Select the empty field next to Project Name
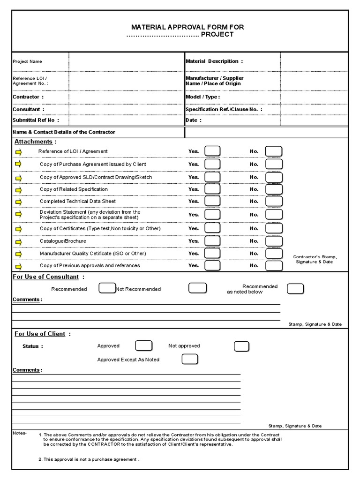click(x=127, y=61)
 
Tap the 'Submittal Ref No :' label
click(x=36, y=120)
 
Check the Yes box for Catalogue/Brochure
click(x=212, y=241)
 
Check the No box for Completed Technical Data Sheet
click(x=274, y=202)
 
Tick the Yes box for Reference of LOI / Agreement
click(x=212, y=151)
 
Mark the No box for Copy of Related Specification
click(x=274, y=189)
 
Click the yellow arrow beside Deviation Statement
click(x=19, y=214)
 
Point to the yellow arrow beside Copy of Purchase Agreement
click(x=19, y=164)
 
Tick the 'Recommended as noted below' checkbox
click(x=295, y=288)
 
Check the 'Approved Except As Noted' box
click(x=190, y=359)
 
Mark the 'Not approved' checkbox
click(x=241, y=346)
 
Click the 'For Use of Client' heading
click(x=40, y=334)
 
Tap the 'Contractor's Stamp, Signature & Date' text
click(x=315, y=259)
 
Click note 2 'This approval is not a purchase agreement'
click(x=89, y=459)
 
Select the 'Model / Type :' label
click(x=202, y=97)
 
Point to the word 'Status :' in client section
click(x=33, y=346)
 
